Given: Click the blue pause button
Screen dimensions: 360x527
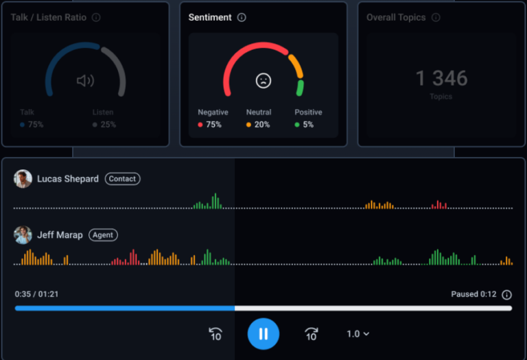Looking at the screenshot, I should (x=263, y=334).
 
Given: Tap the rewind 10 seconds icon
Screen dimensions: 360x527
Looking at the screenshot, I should (x=215, y=334).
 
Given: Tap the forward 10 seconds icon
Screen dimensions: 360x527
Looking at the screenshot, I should (x=311, y=334).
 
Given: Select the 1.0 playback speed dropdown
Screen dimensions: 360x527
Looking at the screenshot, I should (x=358, y=334).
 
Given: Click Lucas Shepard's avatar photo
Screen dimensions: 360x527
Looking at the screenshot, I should (x=23, y=179).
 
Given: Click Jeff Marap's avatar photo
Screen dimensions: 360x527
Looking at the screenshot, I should (x=23, y=235).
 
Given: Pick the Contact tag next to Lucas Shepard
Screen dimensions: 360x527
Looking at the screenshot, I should (x=122, y=179).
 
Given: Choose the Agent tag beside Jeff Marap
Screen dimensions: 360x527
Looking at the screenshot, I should (x=103, y=235).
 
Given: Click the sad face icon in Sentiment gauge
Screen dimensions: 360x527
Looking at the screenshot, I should (x=263, y=80).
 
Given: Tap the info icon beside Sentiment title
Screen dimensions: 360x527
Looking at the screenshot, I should (x=242, y=18).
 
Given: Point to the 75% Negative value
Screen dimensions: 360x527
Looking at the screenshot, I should (x=213, y=125).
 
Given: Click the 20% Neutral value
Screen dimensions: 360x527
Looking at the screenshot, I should (x=261, y=125).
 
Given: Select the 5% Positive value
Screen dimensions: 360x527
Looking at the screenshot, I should (x=308, y=125).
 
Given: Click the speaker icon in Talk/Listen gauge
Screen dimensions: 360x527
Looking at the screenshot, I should (x=85, y=81).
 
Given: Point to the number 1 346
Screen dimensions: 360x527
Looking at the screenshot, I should (x=441, y=78).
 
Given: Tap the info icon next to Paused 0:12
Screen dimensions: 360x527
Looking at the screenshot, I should (x=506, y=295).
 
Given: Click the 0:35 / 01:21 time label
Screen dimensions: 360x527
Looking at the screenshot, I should (x=37, y=294).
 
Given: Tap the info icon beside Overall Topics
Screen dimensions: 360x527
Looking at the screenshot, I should (x=436, y=18).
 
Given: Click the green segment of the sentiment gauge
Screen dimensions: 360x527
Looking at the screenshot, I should (x=300, y=88).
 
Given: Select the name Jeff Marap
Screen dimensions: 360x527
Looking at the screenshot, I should (x=60, y=235).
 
